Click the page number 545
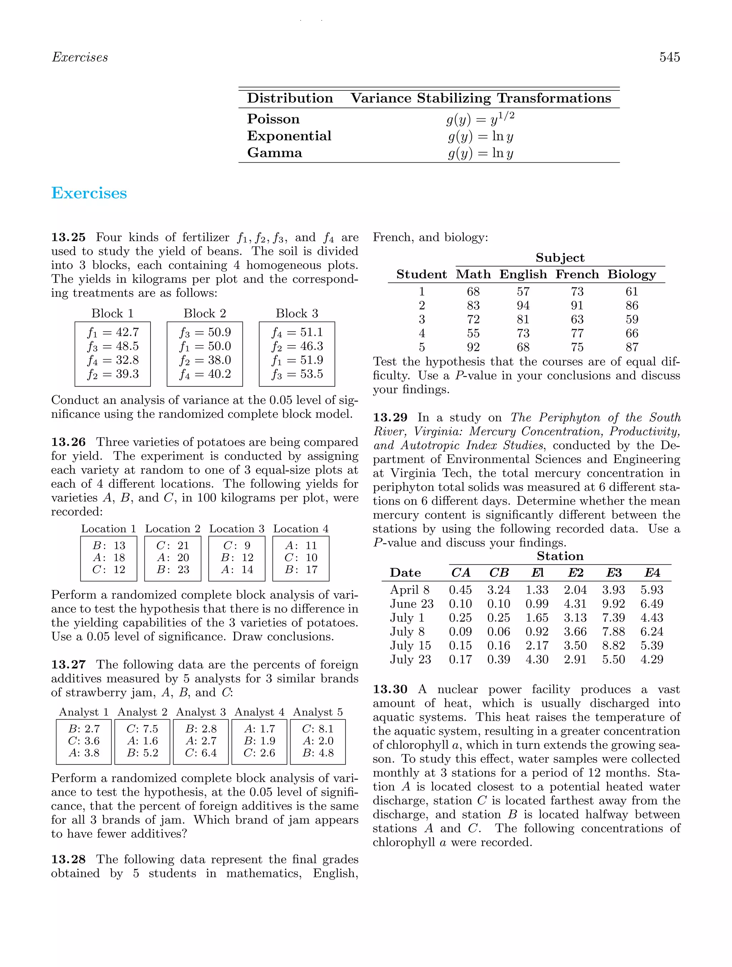point(669,57)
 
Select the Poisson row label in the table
point(273,119)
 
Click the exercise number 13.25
point(68,237)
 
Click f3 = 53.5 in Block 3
point(297,374)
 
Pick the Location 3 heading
point(237,529)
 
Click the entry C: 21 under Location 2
point(173,546)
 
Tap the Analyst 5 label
point(317,712)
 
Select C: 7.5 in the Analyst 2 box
point(142,729)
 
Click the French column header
point(577,274)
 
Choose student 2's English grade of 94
point(523,306)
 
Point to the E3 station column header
point(613,573)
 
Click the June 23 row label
point(411,604)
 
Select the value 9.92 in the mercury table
point(613,604)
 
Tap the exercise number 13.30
point(390,689)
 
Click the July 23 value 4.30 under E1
point(536,659)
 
